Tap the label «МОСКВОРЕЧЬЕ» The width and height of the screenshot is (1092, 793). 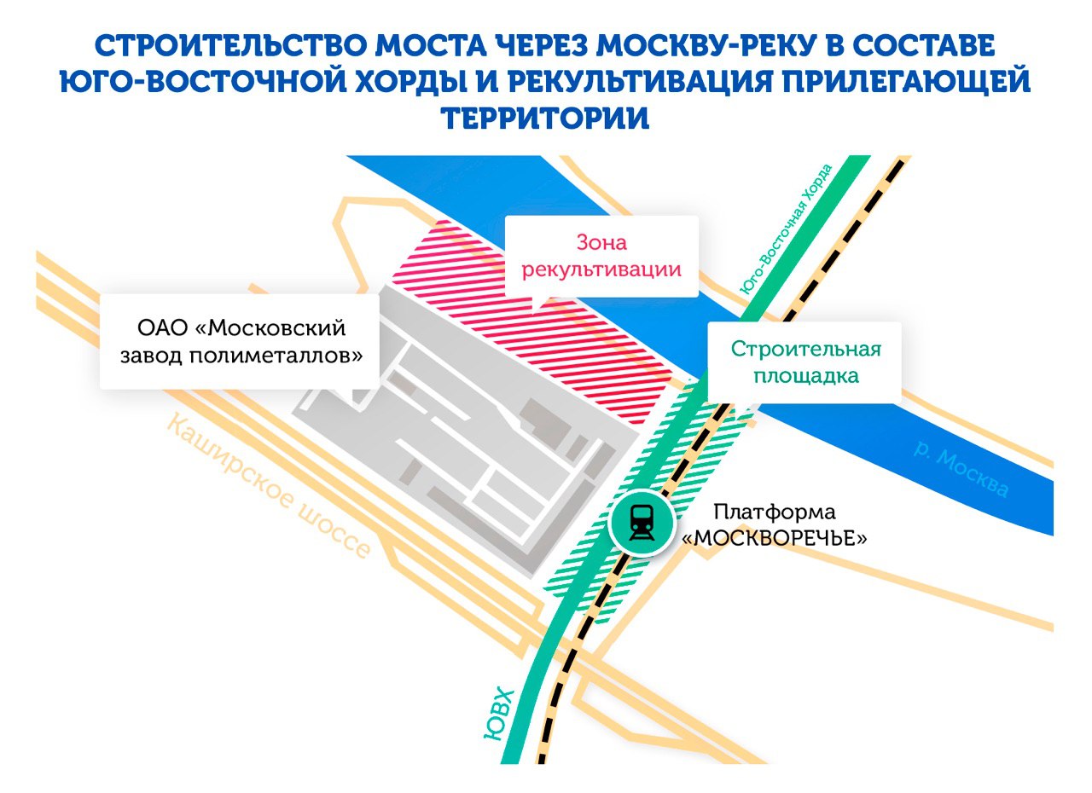coord(775,538)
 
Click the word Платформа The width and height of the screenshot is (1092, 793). coord(775,512)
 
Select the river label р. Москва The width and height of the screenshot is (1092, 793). coord(961,472)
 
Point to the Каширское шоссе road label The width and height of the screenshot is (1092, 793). coord(269,486)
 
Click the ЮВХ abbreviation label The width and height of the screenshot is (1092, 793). coord(500,714)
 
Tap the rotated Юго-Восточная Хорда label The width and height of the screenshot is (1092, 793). coord(786,229)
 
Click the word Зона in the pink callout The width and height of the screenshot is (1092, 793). coord(601,242)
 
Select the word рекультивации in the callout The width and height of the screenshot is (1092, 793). coord(601,269)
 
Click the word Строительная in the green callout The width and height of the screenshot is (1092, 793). coord(805,350)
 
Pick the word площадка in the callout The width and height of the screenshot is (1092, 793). coord(806,375)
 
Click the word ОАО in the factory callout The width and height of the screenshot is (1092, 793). coord(162,327)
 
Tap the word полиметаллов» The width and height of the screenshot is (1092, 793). coord(276,355)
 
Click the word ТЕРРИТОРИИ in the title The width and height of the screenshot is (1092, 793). coord(545,118)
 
